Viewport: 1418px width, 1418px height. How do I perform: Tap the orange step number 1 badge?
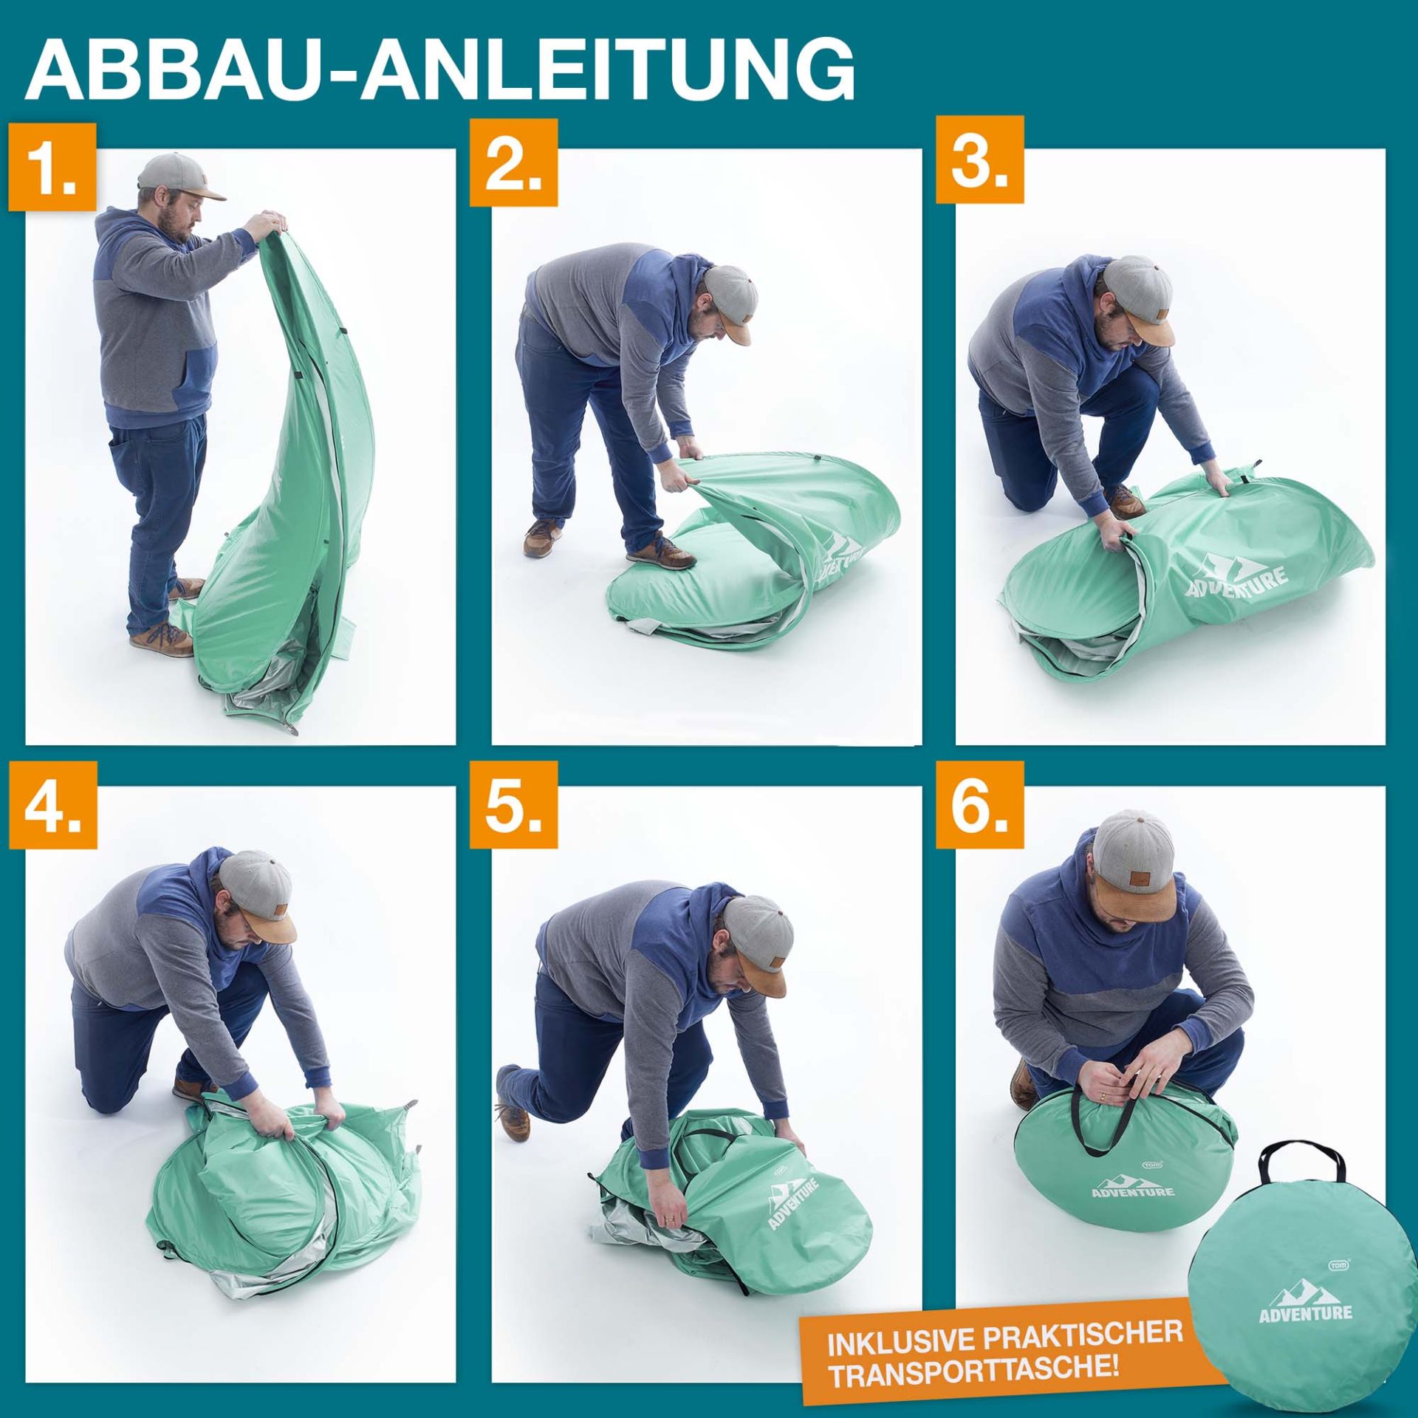coord(52,168)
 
